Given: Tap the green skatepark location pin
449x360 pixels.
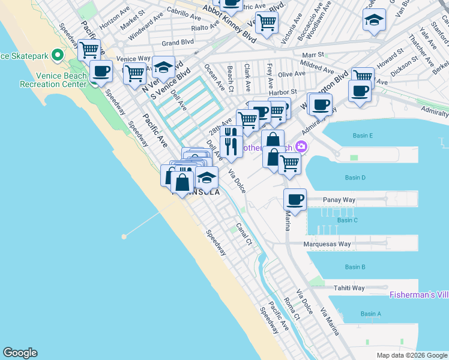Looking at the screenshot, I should click(58, 56).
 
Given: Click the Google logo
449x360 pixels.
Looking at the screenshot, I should click(20, 353).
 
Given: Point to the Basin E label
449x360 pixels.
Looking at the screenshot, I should click(363, 136).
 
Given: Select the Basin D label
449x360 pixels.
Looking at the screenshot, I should click(355, 178).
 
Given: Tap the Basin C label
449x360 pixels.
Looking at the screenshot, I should click(348, 220).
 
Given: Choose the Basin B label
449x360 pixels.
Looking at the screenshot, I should click(355, 267).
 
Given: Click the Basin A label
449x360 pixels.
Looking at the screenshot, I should click(370, 314).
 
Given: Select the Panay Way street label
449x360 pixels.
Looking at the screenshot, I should click(340, 199).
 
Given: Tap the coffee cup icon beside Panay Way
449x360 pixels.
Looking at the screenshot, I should click(295, 199).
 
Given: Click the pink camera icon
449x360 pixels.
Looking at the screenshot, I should click(301, 146).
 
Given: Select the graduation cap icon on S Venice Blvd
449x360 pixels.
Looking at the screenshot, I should click(162, 67).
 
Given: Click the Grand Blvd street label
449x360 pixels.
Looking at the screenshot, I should click(178, 43).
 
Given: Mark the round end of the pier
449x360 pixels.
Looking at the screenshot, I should click(124, 236).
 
